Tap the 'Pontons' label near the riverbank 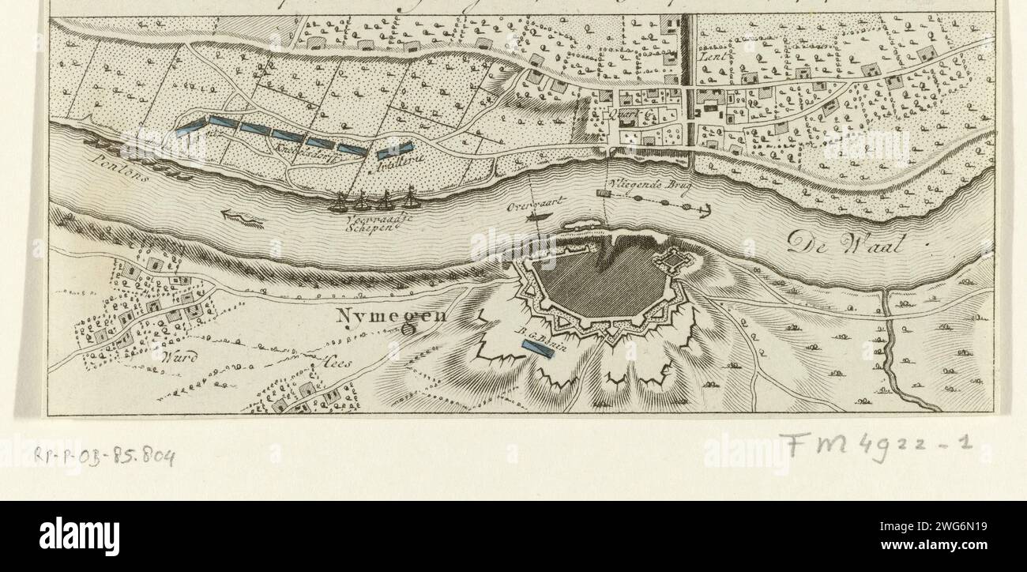point(114,166)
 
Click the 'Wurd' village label point(179,357)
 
